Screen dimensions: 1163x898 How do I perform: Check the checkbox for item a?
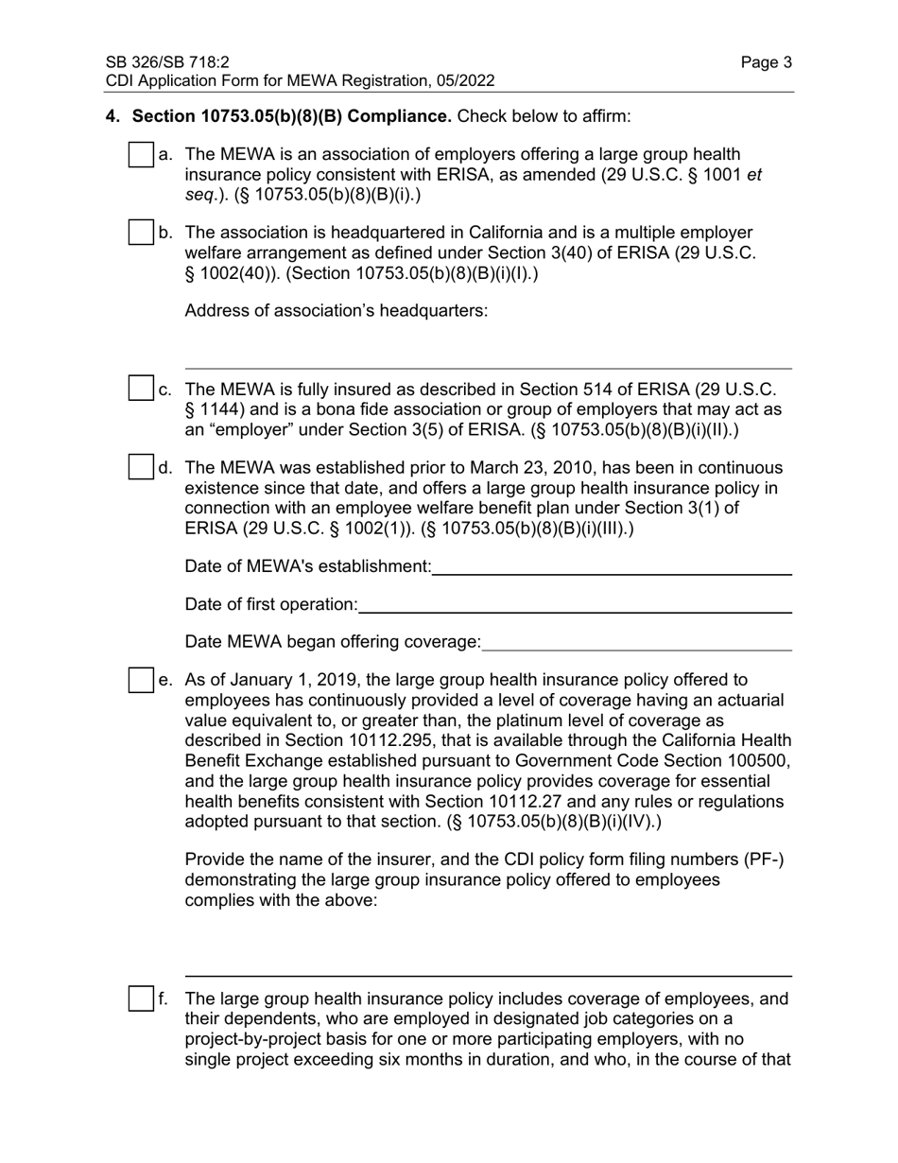[x=141, y=155]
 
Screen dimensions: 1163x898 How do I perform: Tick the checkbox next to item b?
[x=141, y=233]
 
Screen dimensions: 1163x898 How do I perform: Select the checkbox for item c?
[x=141, y=389]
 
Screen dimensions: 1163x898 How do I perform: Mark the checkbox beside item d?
[x=141, y=467]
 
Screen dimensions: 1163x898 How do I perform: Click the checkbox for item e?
[x=141, y=680]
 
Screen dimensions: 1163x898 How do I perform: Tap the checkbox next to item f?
[x=141, y=998]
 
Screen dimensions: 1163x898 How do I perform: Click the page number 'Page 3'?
[x=766, y=62]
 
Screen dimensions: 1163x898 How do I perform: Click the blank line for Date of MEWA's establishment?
[x=612, y=567]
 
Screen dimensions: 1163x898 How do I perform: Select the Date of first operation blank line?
[x=575, y=605]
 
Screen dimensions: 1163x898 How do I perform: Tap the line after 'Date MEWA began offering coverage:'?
[x=636, y=643]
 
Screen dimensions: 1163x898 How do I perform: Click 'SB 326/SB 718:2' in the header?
[x=167, y=62]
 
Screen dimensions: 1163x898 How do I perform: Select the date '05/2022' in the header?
[x=466, y=81]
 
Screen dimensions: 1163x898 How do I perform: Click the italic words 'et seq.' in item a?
[x=753, y=175]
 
